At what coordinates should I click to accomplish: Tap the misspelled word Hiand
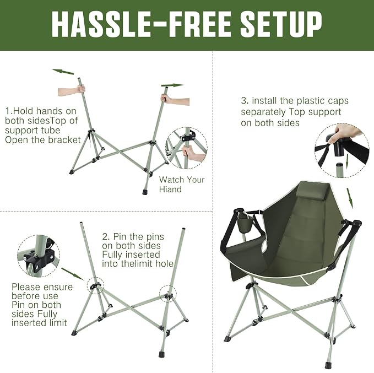(170, 189)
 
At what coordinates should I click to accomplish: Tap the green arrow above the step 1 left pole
(63, 72)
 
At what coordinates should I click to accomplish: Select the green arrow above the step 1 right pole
(172, 85)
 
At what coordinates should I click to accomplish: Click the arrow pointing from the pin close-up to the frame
(73, 274)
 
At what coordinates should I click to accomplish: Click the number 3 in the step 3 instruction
(245, 100)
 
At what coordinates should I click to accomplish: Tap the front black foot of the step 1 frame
(145, 192)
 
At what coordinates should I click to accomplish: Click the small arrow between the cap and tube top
(347, 159)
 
